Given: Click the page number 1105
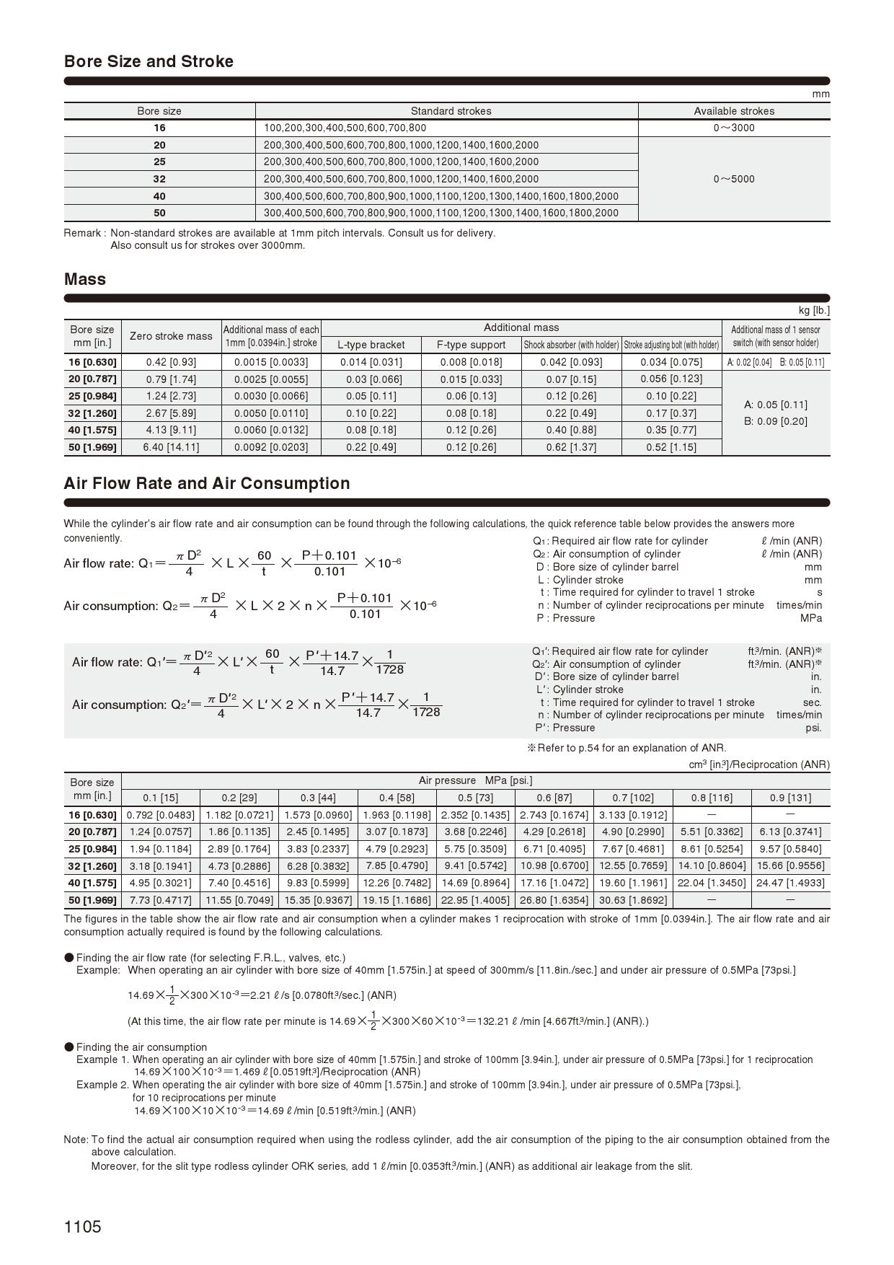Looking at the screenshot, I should (x=83, y=1227).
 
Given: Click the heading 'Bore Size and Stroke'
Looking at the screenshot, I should (x=149, y=61).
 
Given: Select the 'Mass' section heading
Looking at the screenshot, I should (x=85, y=279).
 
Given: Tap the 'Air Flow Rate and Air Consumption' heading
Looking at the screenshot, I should (x=207, y=483).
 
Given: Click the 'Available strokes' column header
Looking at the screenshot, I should (x=734, y=111).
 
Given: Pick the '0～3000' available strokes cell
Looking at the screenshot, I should (x=734, y=128).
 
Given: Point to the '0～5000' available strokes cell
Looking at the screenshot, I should (x=734, y=179).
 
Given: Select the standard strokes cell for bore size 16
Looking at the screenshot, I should (x=345, y=128).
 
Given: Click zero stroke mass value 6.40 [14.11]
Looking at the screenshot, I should (x=171, y=447).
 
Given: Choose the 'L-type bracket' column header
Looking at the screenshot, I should (x=371, y=345).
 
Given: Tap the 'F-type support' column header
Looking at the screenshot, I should (x=471, y=345).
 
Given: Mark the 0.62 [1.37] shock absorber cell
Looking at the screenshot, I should (x=571, y=447).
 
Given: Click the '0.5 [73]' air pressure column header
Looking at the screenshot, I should (x=475, y=798).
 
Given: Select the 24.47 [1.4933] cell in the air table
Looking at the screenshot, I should (x=790, y=883).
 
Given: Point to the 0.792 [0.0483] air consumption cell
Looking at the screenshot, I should (x=161, y=815).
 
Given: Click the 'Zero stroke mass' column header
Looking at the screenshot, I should (x=171, y=336).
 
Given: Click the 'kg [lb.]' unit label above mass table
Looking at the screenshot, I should (x=814, y=311).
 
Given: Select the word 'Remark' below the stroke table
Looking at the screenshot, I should (x=82, y=233).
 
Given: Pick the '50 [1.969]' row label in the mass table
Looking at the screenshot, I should (x=92, y=447).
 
